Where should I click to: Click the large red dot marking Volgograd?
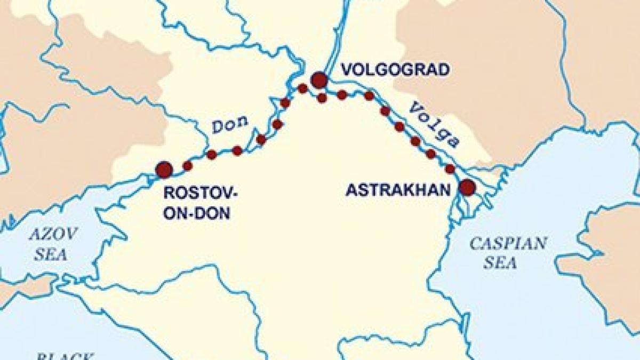[x=319, y=80]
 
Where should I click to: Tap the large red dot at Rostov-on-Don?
[x=164, y=170]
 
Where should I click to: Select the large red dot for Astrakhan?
[x=467, y=187]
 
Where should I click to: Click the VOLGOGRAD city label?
[x=395, y=70]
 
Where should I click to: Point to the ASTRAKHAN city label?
[x=395, y=190]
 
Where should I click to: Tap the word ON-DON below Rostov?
[x=197, y=213]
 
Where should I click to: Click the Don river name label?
[x=230, y=125]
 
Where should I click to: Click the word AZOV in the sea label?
[x=54, y=234]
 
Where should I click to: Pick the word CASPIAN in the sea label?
[x=508, y=244]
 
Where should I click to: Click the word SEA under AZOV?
[x=51, y=254]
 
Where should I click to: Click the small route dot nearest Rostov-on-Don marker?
[x=187, y=166]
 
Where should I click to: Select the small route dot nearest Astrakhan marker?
[x=450, y=169]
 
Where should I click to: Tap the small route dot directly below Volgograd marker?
[x=322, y=98]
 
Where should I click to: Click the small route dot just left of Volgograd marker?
[x=303, y=89]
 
